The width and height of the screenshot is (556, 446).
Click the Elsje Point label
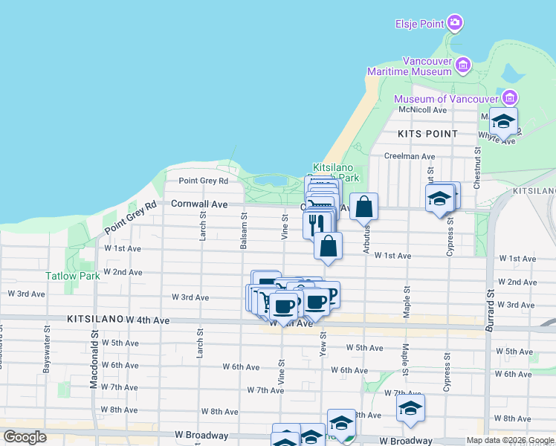click(x=419, y=24)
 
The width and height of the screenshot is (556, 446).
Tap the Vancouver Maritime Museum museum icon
click(x=463, y=65)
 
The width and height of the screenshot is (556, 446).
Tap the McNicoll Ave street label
click(x=422, y=110)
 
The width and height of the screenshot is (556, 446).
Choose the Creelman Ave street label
click(x=410, y=156)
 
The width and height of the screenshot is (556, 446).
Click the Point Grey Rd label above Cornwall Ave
click(x=203, y=181)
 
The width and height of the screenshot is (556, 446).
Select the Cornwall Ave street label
click(x=199, y=203)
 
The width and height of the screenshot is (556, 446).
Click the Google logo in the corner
click(x=25, y=437)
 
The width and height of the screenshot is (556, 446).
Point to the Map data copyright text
click(x=511, y=440)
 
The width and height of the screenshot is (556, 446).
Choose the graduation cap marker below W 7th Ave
click(x=410, y=407)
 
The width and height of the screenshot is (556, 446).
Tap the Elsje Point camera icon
click(x=455, y=24)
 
